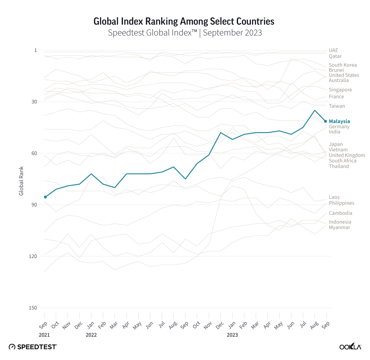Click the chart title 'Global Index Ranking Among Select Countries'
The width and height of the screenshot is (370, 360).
coord(184,21)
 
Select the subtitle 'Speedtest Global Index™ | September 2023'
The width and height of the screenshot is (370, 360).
coord(185,33)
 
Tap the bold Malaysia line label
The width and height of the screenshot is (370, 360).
coord(339,121)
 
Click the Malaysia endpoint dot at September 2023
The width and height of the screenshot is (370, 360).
coord(326,121)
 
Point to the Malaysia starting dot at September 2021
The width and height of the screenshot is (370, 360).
coord(45,197)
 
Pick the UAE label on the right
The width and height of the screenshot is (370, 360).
coord(333,50)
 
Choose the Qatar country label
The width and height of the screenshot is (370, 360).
coord(335,56)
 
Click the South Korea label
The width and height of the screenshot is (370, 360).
coord(343,65)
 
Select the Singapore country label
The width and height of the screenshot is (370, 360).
coord(340,90)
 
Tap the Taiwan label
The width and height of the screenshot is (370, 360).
coord(337,106)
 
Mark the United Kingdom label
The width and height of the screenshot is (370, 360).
coord(347,155)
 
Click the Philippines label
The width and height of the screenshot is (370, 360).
coord(341,203)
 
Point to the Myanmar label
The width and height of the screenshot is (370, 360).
coord(339,228)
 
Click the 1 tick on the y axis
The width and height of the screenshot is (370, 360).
coord(35,50)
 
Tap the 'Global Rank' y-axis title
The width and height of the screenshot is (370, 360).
coord(21,181)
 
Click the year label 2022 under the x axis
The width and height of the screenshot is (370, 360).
coord(91,335)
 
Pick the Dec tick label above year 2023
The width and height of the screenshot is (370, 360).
coord(220,325)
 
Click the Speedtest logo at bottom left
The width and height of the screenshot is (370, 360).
coord(33,347)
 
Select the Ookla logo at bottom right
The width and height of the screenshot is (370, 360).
coord(350,347)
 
